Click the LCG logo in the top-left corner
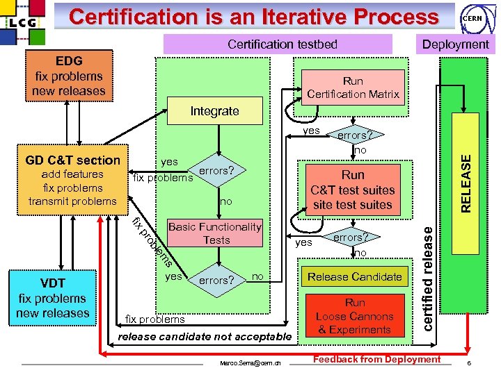pos(24,22)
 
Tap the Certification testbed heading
pos(283,44)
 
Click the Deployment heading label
pos(455,44)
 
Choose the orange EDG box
pos(68,76)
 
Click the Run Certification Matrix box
pos(353,87)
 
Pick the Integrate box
pos(214,111)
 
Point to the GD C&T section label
pos(72,160)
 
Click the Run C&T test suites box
pos(352,190)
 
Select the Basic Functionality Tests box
pos(215,233)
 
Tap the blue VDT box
pos(52,299)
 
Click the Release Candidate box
pos(354,277)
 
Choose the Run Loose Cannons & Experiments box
pos(354,316)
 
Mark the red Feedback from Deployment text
pos(377,359)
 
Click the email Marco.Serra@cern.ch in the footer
pos(250,363)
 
